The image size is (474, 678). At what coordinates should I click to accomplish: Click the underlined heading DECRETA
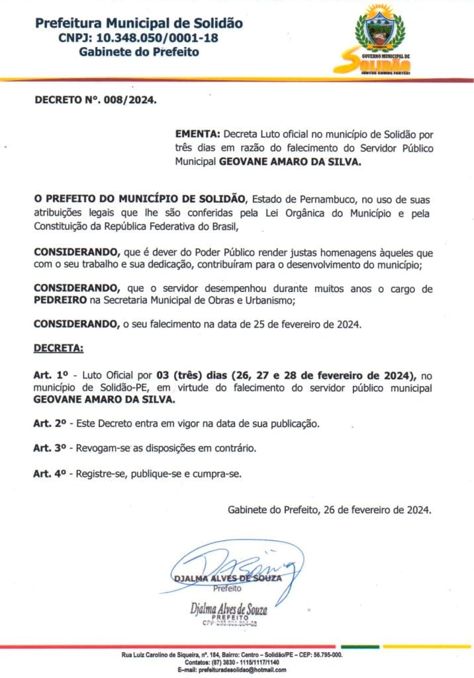coord(59,348)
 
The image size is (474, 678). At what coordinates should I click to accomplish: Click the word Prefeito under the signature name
coord(227,587)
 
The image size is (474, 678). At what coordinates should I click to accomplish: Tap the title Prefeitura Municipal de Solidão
coord(138,24)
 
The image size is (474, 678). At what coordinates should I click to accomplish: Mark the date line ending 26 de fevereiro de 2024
coord(330,510)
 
